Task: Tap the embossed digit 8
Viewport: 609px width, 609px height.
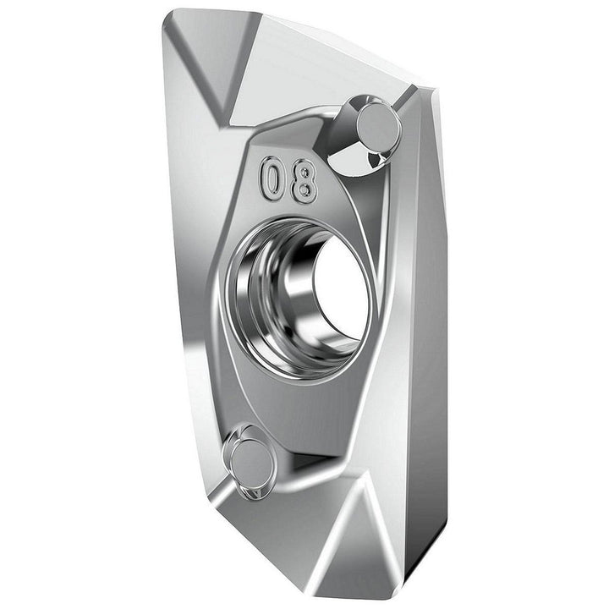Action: click(304, 182)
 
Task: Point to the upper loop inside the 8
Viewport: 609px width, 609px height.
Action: click(305, 172)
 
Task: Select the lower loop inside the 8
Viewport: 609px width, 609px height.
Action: click(304, 190)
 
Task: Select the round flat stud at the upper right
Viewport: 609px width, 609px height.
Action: click(377, 126)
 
